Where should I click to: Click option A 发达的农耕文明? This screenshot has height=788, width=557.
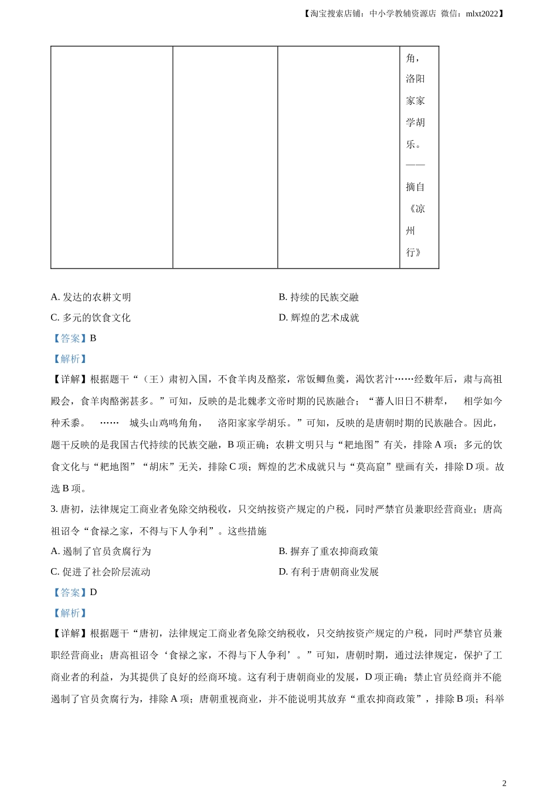pos(91,297)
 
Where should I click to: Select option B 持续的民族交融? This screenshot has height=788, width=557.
pos(318,297)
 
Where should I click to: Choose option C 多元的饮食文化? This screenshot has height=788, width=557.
pos(91,318)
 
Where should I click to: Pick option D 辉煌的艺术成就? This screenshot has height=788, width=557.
pos(318,318)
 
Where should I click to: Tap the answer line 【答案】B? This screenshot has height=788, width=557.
pos(73,338)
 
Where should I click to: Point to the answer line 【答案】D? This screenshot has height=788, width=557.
pos(73,592)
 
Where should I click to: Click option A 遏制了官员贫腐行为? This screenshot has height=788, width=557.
pos(101,551)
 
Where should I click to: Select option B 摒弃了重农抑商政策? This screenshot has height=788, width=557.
pos(328,551)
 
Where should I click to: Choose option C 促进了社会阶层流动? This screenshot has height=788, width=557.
pos(101,572)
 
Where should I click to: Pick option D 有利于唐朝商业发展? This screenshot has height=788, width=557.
pos(328,572)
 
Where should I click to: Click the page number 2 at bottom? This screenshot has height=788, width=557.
pos(504,783)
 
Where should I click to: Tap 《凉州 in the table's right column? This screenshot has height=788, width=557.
pos(416,209)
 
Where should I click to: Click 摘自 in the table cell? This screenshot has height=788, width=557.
pos(416,187)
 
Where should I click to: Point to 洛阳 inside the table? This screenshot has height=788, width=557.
pos(416,79)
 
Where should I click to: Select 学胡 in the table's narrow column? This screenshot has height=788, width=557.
pos(416,123)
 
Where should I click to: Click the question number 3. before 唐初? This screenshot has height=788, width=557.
pos(54,509)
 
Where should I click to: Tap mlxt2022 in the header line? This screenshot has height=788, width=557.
pos(481,14)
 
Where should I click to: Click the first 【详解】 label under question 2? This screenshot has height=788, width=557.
pos(70,379)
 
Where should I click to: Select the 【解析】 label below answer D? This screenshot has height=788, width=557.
pos(70,613)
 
